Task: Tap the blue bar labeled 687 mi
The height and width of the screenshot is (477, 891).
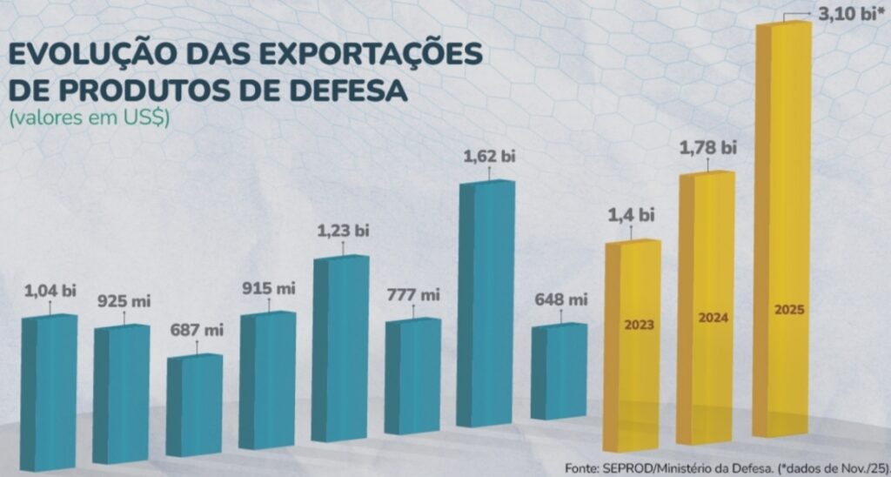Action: click(194, 405)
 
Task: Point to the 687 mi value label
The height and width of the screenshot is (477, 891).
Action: click(197, 330)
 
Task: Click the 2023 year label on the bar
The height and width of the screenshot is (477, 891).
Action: click(639, 326)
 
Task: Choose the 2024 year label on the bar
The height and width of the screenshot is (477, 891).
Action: click(712, 318)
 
